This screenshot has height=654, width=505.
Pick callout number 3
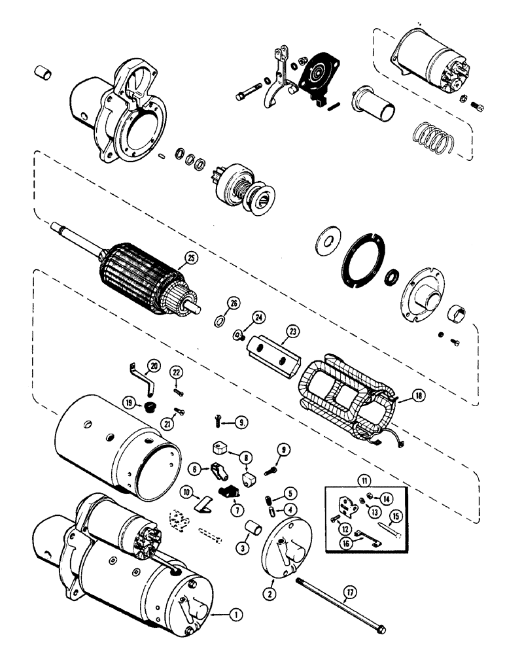point(243,546)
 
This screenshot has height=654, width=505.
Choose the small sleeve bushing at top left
point(43,72)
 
